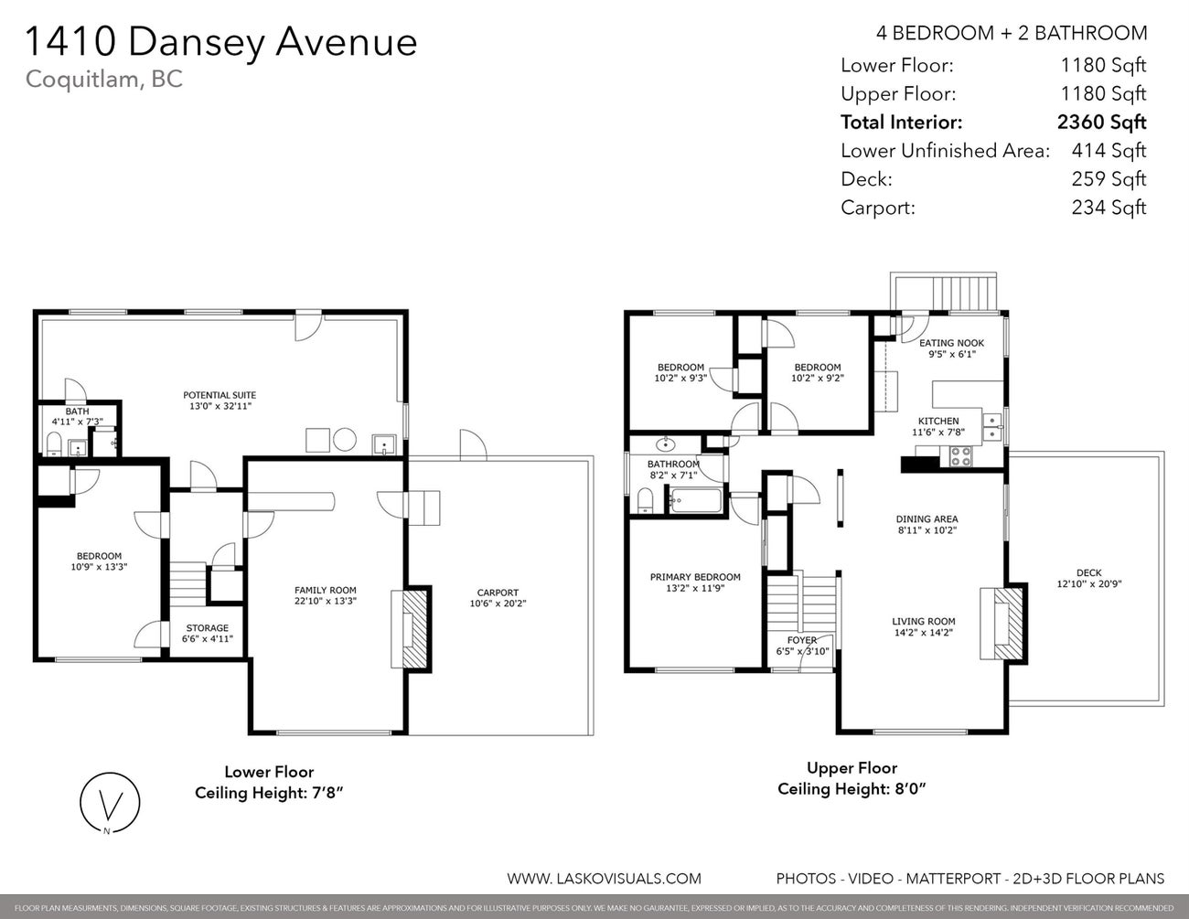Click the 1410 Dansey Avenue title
221,42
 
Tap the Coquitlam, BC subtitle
103,80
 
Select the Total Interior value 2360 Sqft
1100,123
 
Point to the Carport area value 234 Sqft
1108,208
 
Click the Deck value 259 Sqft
1108,179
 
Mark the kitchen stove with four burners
961,456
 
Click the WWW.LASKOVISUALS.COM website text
604,879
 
